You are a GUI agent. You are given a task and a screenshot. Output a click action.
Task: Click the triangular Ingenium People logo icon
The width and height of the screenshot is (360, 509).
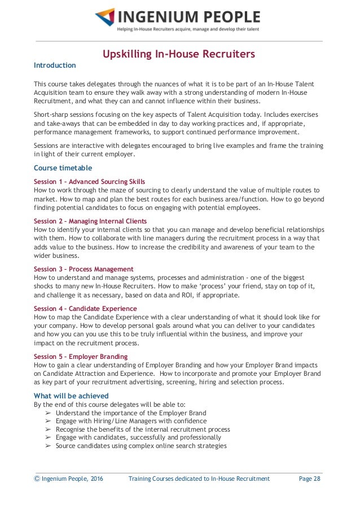(x=105, y=17)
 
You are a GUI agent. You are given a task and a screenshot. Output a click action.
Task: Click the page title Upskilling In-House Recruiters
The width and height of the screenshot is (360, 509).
(x=179, y=54)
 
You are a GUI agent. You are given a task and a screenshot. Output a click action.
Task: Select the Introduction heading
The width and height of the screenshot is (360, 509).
(x=55, y=65)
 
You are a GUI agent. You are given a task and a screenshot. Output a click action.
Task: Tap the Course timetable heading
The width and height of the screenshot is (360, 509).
(x=63, y=168)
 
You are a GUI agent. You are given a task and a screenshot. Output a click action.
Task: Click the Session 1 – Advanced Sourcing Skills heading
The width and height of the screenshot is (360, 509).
(x=89, y=182)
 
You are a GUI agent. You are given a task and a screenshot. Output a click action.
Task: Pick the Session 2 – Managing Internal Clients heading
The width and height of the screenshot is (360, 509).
(x=90, y=221)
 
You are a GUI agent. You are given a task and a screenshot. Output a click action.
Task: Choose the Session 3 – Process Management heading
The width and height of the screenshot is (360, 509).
(x=84, y=269)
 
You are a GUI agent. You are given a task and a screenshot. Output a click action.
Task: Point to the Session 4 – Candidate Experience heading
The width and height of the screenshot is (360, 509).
(x=85, y=309)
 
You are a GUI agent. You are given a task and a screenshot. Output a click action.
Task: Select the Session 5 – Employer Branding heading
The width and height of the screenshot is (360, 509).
(x=81, y=357)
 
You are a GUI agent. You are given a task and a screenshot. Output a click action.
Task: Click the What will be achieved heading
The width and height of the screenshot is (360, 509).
(x=71, y=396)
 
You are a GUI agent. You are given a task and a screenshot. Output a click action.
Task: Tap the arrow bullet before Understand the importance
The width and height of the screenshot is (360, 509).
(x=49, y=413)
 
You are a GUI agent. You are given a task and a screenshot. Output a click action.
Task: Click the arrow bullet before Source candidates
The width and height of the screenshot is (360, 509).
(x=49, y=446)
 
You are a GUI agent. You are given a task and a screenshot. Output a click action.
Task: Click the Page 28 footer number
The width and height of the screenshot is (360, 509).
(x=309, y=479)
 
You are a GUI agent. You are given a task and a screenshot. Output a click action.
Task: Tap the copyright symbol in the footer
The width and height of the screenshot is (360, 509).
(x=37, y=479)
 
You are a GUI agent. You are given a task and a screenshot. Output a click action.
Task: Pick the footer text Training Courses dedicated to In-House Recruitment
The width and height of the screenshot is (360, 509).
(x=199, y=479)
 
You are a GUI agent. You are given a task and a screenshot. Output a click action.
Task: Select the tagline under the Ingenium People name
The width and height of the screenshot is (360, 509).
(x=188, y=29)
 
